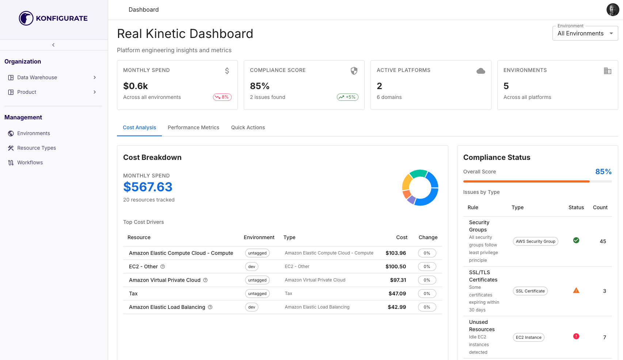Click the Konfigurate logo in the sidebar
[53, 18]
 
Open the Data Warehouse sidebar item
[37, 77]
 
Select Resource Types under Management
[37, 148]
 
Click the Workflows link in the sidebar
[30, 162]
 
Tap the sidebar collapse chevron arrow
[53, 45]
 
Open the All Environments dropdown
[585, 34]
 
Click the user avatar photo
[612, 10]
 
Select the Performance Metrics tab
[193, 127]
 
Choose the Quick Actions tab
[248, 127]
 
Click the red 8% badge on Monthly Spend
[222, 97]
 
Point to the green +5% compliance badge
[347, 97]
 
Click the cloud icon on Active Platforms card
[480, 71]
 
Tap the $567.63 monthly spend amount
[148, 187]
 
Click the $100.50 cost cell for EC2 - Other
[395, 267]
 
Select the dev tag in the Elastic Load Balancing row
[251, 307]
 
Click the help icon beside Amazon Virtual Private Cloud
[205, 280]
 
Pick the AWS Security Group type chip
[535, 241]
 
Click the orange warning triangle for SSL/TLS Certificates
[576, 291]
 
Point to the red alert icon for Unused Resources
[576, 336]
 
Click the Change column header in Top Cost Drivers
[428, 237]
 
